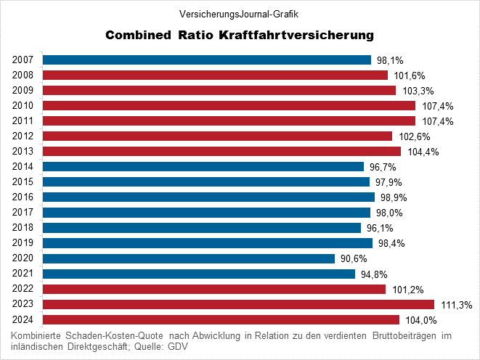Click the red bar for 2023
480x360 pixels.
(238, 304)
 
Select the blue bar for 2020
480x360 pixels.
(189, 258)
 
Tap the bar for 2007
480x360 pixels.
(207, 60)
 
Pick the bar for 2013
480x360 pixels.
(221, 151)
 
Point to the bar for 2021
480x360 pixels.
(199, 274)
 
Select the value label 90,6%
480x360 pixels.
(354, 259)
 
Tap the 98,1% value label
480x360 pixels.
(390, 60)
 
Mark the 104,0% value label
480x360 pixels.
(419, 320)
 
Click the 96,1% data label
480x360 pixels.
(380, 228)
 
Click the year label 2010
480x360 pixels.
(23, 105)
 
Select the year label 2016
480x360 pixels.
(23, 197)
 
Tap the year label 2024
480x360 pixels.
(23, 319)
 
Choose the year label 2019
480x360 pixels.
(23, 243)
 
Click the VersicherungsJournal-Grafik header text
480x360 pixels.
(239, 13)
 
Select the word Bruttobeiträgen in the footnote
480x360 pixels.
(405, 335)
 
